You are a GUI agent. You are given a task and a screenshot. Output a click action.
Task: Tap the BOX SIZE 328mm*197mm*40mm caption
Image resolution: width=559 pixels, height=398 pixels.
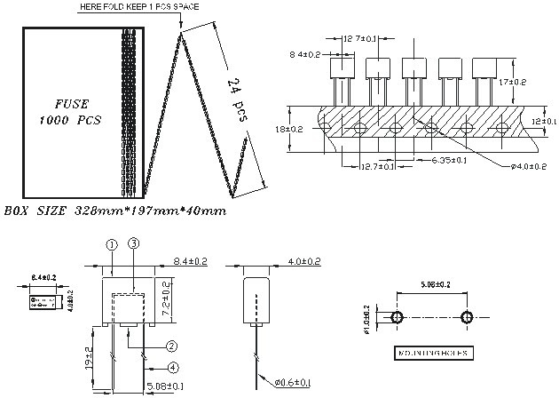(114, 211)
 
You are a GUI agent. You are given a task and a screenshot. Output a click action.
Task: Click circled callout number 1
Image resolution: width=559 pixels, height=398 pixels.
(112, 244)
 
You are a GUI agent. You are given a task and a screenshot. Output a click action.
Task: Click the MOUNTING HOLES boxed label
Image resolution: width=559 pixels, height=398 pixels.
(433, 353)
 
